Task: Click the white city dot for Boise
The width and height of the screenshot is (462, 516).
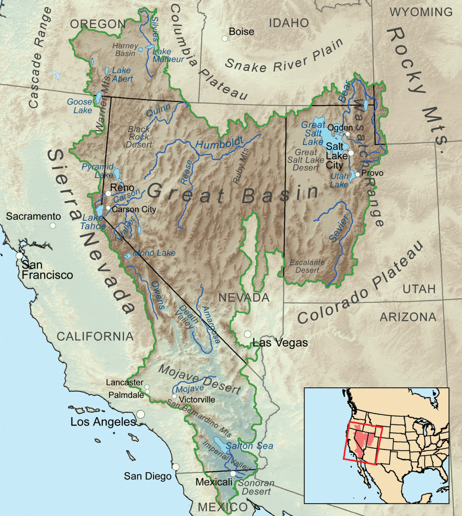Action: (x=225, y=39)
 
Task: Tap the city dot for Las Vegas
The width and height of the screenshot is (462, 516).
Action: (x=247, y=334)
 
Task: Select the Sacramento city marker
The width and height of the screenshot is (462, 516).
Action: (x=52, y=225)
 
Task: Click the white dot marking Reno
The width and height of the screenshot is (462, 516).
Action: (x=108, y=193)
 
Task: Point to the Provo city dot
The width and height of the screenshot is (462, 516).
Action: (x=357, y=175)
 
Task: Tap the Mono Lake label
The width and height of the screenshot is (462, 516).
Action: (x=154, y=253)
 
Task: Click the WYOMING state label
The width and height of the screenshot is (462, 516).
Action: (x=421, y=12)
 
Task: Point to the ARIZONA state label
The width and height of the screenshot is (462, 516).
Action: (x=408, y=317)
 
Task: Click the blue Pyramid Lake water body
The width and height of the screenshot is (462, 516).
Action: (x=117, y=175)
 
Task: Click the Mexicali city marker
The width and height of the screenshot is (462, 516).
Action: (x=233, y=473)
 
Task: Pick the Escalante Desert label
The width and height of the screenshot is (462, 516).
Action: (x=304, y=266)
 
